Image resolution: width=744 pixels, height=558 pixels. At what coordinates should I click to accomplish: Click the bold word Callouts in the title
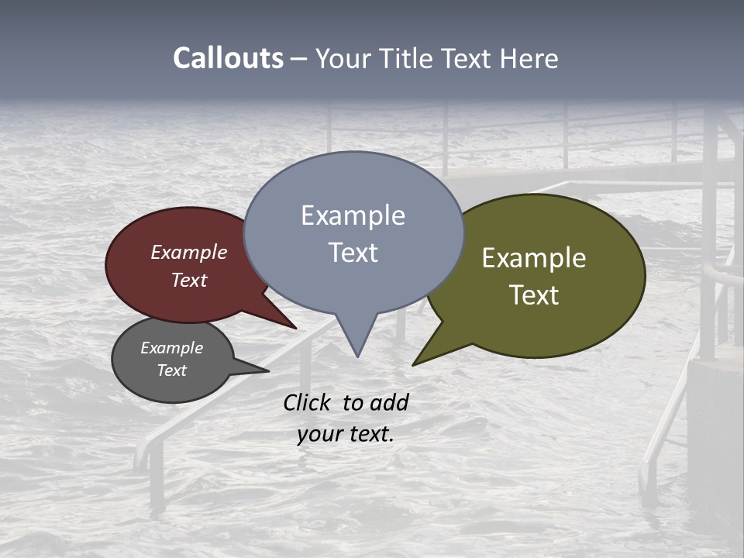coord(228,58)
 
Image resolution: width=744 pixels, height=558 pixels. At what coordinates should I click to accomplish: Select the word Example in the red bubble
coord(189,252)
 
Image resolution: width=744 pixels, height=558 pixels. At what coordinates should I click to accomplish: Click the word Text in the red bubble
coord(189,280)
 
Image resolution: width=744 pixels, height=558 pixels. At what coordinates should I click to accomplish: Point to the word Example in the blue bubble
coord(353,215)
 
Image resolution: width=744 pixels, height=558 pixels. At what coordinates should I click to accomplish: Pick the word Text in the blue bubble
coord(353,253)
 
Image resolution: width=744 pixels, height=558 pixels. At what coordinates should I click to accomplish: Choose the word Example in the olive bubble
coord(534,257)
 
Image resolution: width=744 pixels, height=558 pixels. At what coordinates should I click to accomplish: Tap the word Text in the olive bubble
coord(534,294)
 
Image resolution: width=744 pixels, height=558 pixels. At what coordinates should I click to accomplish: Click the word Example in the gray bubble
coord(171,348)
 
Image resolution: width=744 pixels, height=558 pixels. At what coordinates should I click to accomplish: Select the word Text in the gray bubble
coord(171,370)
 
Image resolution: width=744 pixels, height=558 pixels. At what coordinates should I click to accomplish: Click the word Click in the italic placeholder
coord(308,403)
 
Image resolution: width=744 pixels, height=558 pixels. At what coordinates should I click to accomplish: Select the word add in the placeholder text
coord(388,403)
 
